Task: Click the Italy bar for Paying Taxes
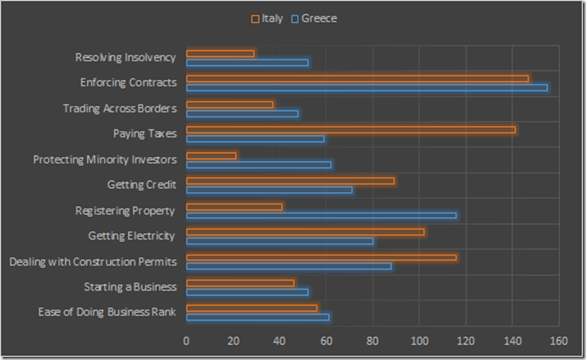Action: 350,129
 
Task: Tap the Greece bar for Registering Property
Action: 321,215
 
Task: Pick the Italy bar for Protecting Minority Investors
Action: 211,155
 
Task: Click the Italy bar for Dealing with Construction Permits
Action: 321,257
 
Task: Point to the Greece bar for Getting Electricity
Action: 279,240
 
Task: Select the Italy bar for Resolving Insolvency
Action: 220,53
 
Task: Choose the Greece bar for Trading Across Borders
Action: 242,113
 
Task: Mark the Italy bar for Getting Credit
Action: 289,181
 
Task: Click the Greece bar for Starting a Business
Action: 247,292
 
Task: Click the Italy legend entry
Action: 266,18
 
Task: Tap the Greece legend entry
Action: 314,18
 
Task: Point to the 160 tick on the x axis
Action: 559,341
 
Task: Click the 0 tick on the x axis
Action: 186,341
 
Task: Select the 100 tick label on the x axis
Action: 419,341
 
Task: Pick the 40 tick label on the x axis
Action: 279,341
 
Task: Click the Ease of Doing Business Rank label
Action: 107,312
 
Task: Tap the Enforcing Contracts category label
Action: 128,82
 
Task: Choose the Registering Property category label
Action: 125,210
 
